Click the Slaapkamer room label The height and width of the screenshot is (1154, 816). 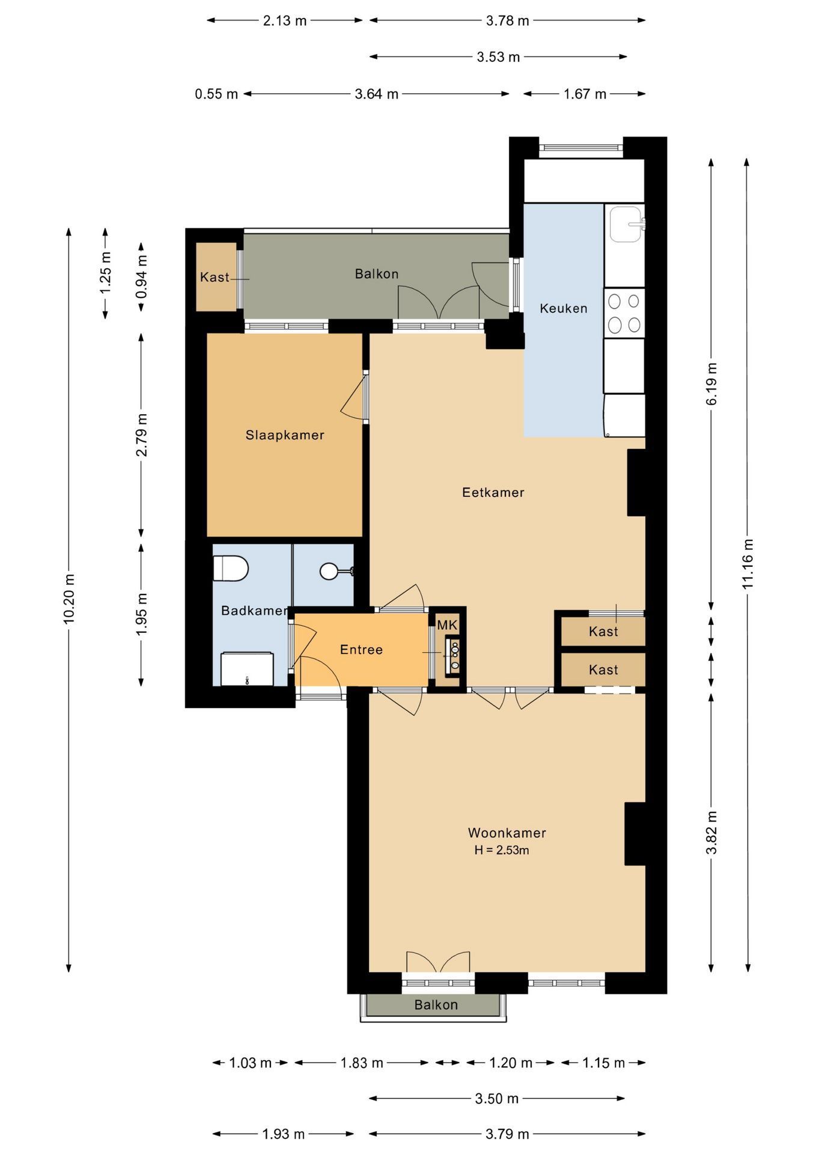point(285,435)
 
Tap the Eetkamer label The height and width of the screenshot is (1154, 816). point(493,493)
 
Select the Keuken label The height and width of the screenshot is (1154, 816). point(564,308)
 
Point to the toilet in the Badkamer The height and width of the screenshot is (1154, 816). point(231,568)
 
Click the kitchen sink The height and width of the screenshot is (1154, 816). point(626,224)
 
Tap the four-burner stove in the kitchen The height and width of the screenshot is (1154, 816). point(624,313)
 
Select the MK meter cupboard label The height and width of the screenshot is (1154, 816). point(447,625)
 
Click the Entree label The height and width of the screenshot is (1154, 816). point(361,650)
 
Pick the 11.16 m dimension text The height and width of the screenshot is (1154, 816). point(747,564)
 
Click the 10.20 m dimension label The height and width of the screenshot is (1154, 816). point(70,599)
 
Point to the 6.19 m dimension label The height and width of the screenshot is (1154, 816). point(712,383)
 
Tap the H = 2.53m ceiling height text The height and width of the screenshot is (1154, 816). point(502,850)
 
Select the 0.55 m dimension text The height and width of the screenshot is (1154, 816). point(216,94)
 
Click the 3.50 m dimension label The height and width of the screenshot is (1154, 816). point(497,1099)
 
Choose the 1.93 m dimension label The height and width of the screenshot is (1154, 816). point(284,1134)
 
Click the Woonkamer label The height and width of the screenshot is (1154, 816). point(507,833)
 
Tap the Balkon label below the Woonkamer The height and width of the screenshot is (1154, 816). point(436,1005)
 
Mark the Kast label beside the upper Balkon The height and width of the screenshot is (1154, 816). point(215,277)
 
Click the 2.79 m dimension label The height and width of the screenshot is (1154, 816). point(142,435)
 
